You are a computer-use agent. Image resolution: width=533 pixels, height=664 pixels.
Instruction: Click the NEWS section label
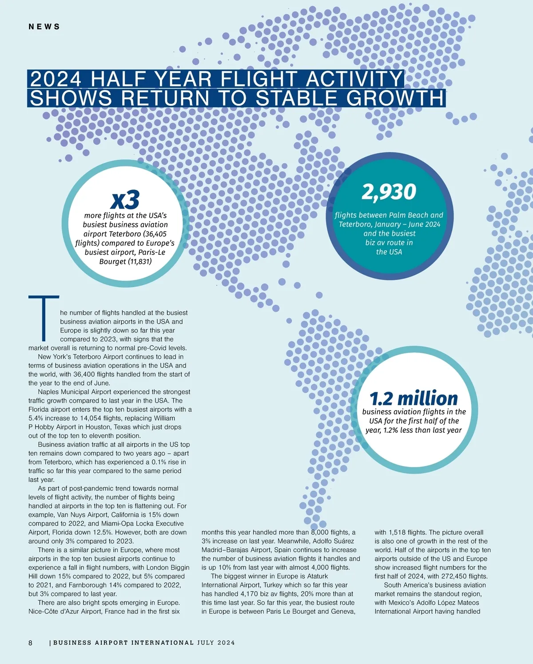coord(44,27)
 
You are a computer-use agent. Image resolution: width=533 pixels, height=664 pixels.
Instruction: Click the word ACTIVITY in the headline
coord(354,79)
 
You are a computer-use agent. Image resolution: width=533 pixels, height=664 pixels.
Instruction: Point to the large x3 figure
coord(125,199)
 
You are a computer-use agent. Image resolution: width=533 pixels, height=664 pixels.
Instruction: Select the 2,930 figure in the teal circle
coord(389,192)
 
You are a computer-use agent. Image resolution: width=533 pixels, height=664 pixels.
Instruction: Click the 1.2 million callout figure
coord(414,398)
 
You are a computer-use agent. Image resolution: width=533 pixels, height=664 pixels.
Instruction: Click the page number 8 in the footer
coord(30,643)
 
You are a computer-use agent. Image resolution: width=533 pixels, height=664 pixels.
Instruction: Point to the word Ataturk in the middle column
coord(318,576)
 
